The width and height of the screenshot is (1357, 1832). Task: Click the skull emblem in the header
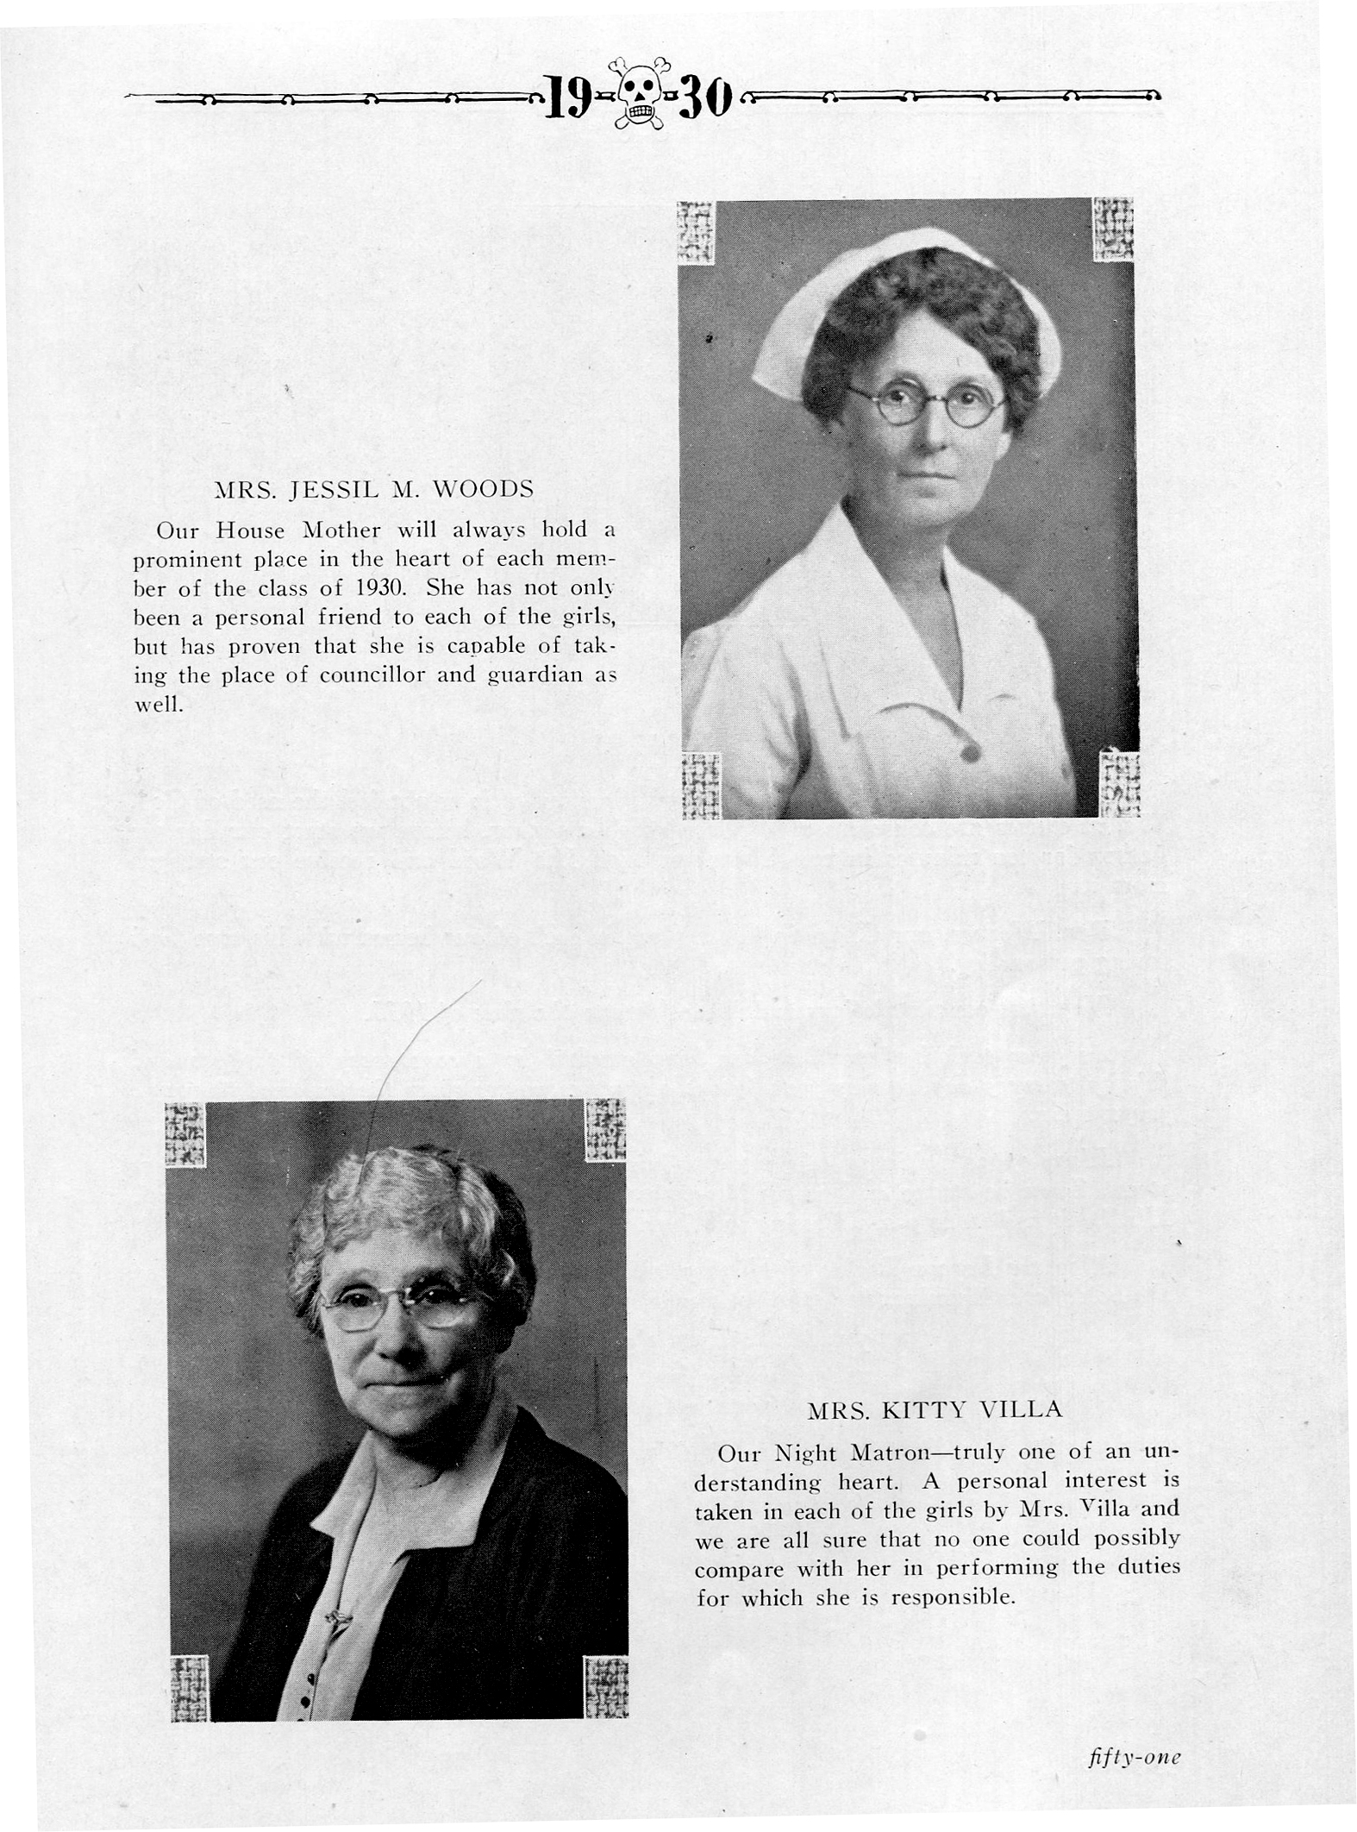click(x=638, y=93)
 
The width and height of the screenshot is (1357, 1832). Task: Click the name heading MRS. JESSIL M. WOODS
click(x=373, y=489)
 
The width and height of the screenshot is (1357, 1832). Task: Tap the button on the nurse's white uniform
click(x=969, y=752)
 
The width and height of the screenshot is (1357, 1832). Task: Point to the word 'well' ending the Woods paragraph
click(x=157, y=704)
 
